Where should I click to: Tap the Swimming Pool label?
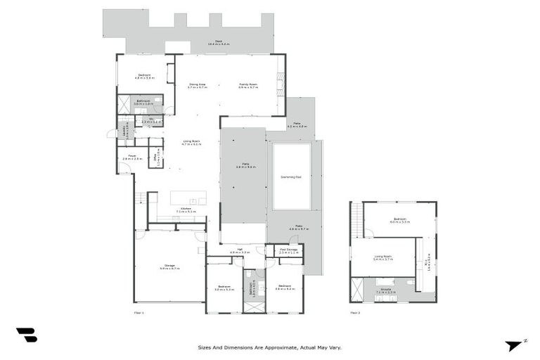click(x=291, y=176)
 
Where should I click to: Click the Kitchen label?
click(x=186, y=210)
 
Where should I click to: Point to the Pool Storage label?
click(x=288, y=250)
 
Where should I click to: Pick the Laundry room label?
click(x=124, y=130)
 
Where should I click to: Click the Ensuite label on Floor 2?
click(x=386, y=290)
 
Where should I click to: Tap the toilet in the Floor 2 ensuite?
click(x=410, y=283)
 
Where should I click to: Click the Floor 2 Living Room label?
click(x=383, y=259)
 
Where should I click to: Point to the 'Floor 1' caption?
click(x=139, y=312)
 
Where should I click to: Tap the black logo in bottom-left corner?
click(x=26, y=335)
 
